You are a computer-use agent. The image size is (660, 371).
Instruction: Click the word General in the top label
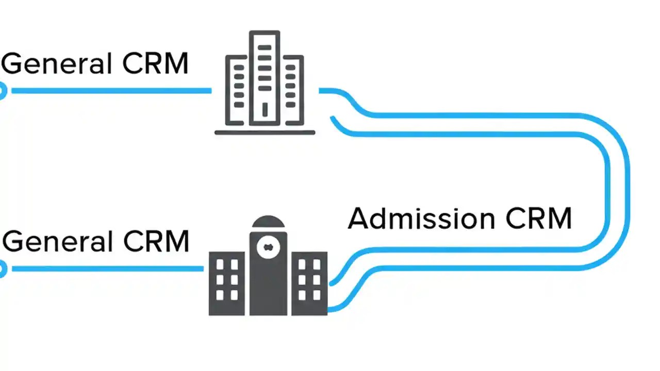point(57,64)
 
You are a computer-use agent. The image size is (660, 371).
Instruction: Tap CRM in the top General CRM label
point(156,63)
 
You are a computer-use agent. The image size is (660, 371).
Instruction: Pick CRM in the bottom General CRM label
point(157,241)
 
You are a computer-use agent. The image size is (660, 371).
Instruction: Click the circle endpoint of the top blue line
point(2,91)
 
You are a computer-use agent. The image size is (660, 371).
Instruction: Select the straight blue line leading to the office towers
point(111,91)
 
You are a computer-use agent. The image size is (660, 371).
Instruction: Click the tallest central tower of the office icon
point(265,77)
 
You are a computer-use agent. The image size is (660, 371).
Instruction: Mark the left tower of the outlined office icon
point(237,90)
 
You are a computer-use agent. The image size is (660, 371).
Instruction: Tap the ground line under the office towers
point(265,132)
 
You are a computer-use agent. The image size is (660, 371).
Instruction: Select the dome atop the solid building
point(268,223)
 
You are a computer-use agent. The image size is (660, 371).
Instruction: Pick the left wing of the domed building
point(227,283)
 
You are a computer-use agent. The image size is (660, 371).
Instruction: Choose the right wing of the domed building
point(309,283)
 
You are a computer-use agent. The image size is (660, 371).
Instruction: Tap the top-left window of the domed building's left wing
point(220,264)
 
